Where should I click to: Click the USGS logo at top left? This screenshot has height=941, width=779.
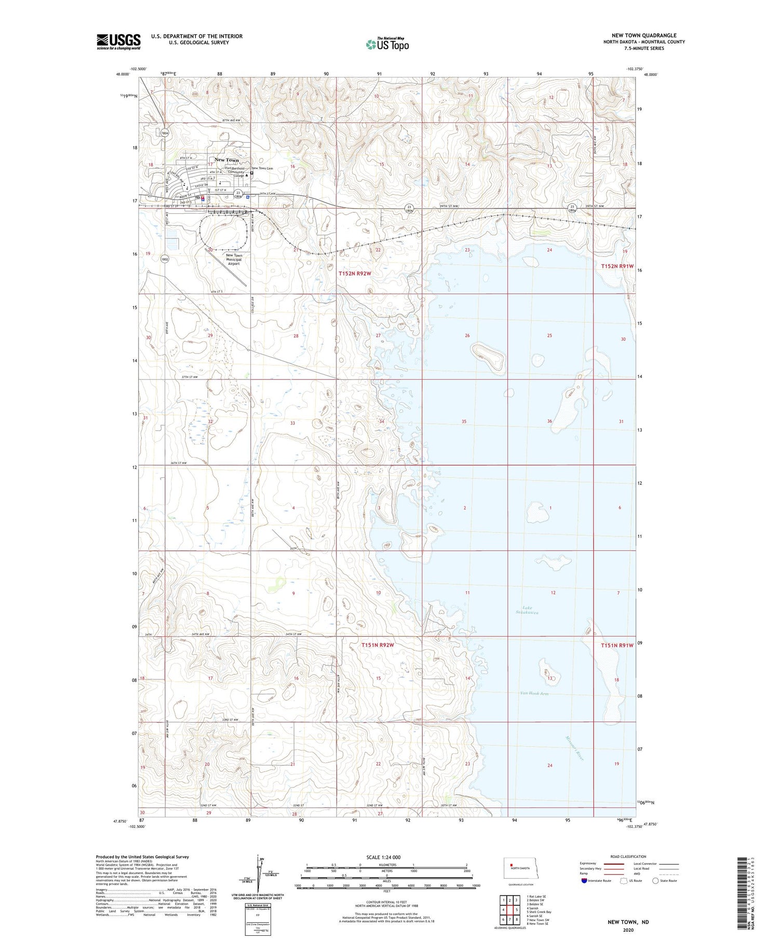pos(118,42)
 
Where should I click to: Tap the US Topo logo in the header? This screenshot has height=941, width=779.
pos(387,45)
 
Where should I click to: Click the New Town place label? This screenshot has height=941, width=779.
pos(226,160)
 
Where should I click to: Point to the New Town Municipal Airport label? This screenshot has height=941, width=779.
pos(234,260)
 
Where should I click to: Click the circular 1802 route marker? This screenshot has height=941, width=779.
pos(164,259)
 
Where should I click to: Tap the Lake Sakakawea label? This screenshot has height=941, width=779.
pos(530,610)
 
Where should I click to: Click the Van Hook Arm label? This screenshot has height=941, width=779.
pos(534,693)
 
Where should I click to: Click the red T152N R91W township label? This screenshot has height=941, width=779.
pos(617,266)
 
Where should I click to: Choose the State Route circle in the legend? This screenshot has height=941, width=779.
pos(655,881)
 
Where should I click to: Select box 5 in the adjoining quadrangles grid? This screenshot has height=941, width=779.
pos(517,910)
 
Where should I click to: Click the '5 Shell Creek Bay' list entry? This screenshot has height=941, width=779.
pos(539,912)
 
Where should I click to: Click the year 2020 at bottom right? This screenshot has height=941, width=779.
pos(628,930)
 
